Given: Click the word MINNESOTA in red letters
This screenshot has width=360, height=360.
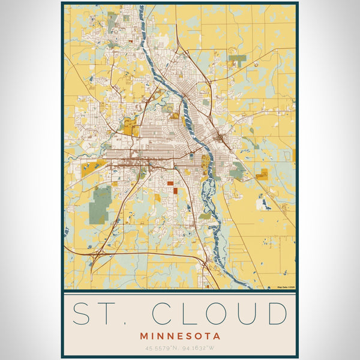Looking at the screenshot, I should (x=180, y=336).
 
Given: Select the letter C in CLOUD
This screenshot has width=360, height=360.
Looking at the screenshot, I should (x=164, y=314).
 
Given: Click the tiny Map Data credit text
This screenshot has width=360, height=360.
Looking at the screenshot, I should (x=286, y=287).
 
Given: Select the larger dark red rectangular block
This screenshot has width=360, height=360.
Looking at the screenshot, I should (x=170, y=184).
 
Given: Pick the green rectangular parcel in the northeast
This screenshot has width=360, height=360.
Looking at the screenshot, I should (x=238, y=60).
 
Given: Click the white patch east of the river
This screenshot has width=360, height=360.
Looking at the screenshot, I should (x=262, y=204).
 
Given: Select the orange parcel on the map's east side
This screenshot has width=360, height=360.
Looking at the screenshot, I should (x=262, y=175).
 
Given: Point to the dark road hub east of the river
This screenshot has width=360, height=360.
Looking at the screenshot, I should (x=221, y=139).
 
